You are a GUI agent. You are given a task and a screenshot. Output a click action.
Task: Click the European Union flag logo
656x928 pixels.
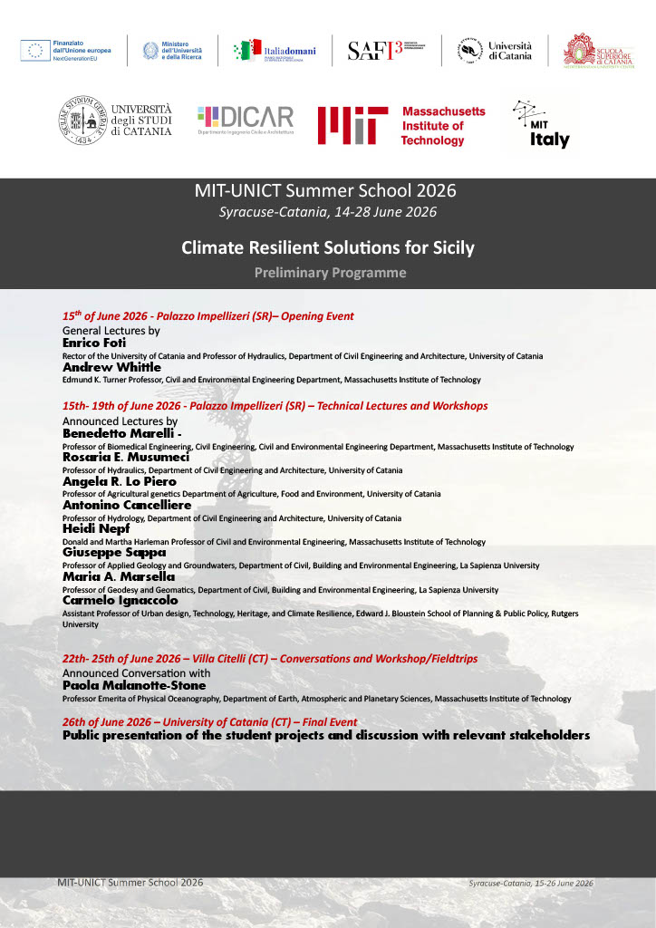point(35,51)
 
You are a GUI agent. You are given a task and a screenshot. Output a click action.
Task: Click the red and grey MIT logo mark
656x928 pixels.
point(346,125)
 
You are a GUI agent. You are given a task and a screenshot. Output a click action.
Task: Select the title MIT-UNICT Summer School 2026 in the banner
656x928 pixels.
point(325,191)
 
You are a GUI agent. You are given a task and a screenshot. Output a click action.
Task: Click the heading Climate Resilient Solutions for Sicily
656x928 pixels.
point(327,246)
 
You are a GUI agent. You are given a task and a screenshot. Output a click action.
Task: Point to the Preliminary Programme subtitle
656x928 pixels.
point(330,273)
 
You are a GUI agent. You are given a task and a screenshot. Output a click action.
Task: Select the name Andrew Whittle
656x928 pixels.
point(111,368)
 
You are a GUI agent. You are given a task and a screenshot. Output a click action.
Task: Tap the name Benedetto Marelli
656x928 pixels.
point(119,434)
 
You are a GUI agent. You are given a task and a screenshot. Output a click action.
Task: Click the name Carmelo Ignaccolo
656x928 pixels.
point(121,600)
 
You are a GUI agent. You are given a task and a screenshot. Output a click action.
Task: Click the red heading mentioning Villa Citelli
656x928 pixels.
point(270,659)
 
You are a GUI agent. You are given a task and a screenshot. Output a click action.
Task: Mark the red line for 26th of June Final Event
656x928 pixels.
point(209,722)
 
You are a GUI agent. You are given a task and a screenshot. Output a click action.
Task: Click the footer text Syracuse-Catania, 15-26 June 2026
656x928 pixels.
point(531,883)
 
